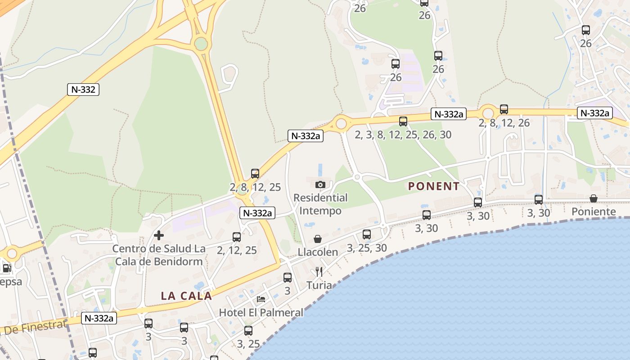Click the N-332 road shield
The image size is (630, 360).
coord(83,90)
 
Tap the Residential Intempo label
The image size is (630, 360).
coord(320,204)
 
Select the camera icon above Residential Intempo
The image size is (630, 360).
coord(320,184)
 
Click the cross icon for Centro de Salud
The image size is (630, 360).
coord(158,235)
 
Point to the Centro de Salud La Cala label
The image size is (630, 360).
coord(159,255)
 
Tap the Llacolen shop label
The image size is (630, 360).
coord(318,252)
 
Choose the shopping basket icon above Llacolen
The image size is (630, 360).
coord(318,238)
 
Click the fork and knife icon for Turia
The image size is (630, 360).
coord(319,271)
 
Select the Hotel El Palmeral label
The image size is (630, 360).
coord(261,312)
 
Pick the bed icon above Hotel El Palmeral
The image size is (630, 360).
coord(261,299)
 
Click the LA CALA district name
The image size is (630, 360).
coord(186,296)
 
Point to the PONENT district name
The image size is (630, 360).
coord(434,186)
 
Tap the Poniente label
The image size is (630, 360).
coord(594,211)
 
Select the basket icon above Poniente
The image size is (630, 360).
coord(594,198)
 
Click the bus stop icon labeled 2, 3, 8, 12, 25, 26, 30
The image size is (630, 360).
coord(403,121)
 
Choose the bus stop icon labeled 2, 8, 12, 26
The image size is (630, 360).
coord(504,109)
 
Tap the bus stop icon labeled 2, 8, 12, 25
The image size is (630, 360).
coord(255,174)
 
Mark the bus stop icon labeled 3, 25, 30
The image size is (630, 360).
coord(367,234)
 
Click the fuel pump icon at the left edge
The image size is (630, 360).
coord(6,269)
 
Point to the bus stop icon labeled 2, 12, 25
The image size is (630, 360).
coord(237,237)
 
